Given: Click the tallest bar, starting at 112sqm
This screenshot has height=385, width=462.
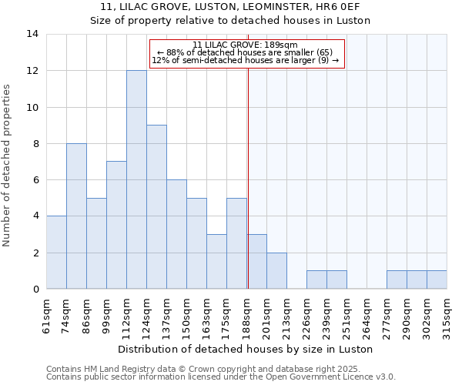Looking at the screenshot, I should point(136,180).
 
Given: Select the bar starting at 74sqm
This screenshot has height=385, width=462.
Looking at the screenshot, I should point(76,216).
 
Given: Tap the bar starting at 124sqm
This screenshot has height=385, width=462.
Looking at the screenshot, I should point(156,207).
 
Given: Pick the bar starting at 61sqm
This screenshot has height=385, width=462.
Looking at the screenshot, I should point(56,253).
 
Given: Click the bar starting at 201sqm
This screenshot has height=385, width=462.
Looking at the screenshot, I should point(276,271).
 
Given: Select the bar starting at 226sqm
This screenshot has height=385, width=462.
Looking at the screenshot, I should point(316,280).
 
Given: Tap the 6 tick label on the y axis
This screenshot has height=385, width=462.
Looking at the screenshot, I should point(35,180).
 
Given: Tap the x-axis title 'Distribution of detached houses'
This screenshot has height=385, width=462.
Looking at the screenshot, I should point(246,349).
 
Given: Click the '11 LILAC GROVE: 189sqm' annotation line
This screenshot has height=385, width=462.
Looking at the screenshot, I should point(246,45).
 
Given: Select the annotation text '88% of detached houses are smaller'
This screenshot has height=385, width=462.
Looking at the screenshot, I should point(246,52).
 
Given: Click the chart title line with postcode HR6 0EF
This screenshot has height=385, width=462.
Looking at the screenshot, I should point(231,7).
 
